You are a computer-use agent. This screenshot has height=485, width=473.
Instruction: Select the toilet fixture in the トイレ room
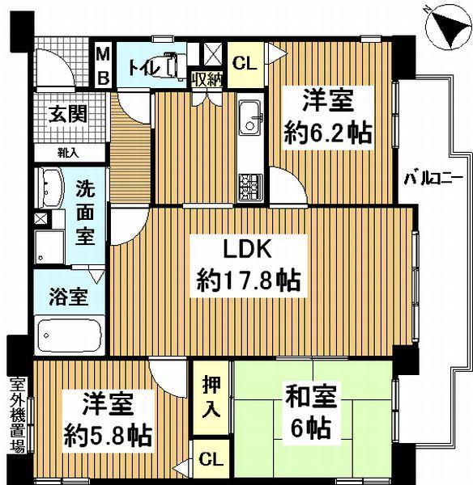tap(174, 65)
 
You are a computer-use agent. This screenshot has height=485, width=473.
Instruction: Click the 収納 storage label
tap(207, 80)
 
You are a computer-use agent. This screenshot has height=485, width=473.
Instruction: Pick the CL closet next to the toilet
tap(245, 64)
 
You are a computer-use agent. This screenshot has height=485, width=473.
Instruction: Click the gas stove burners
tap(250, 187)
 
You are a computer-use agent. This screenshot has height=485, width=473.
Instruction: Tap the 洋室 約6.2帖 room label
tap(328, 116)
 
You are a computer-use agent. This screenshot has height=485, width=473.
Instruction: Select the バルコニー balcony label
tap(433, 179)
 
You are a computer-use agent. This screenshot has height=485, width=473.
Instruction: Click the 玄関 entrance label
tap(68, 114)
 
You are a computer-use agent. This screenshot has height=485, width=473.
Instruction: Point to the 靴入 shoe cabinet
tap(69, 153)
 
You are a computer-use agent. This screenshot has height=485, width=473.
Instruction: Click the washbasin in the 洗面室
tap(51, 188)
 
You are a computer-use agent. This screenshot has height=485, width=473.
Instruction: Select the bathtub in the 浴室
tap(70, 335)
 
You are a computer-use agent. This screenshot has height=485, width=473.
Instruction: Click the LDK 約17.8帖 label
tap(248, 265)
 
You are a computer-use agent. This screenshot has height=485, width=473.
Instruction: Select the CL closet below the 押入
tap(211, 460)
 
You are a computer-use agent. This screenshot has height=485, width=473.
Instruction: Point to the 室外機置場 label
tap(17, 415)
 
